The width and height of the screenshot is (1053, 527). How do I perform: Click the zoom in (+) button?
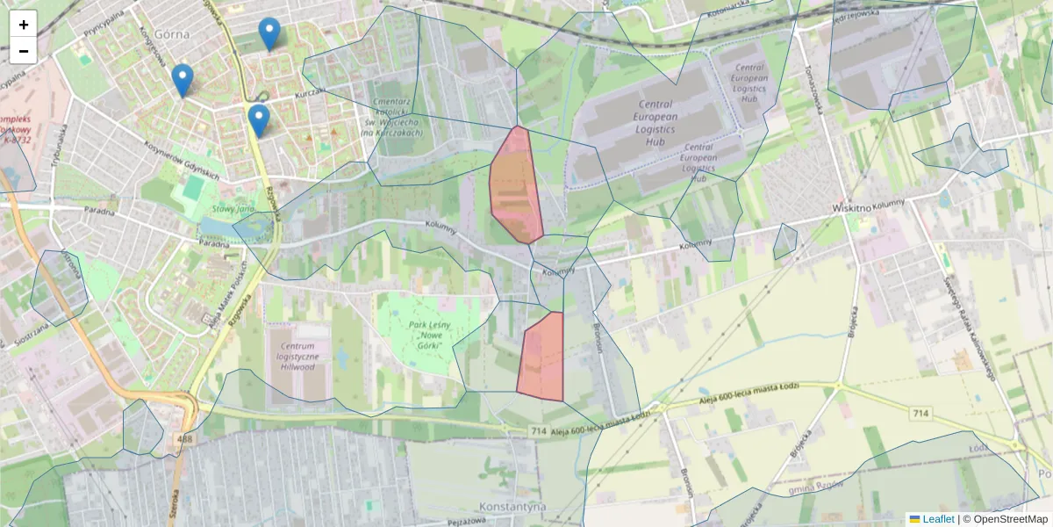tap(24, 25)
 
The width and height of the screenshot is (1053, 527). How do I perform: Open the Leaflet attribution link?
tap(937, 519)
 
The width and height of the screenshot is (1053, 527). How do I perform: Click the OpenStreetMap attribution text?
tap(1010, 519)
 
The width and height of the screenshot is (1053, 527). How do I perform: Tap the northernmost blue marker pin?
tap(269, 33)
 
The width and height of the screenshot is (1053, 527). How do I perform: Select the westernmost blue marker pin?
tap(183, 80)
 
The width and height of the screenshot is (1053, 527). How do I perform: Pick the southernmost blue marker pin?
tap(258, 120)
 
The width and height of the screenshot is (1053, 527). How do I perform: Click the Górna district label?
tap(171, 33)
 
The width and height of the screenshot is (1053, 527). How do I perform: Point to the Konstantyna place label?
tap(513, 508)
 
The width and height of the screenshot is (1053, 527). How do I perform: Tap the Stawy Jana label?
tap(233, 209)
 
